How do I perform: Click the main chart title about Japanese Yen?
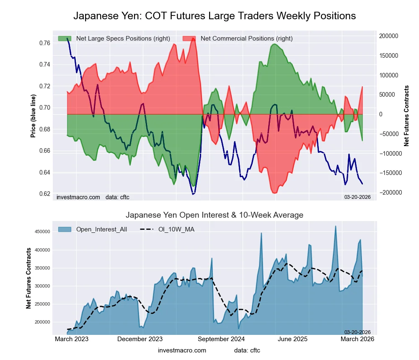tap(215, 16)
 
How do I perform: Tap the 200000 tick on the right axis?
tap(388, 36)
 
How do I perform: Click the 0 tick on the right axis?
tap(381, 114)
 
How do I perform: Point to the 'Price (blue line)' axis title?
tap(33, 116)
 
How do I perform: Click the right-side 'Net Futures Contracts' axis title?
tap(406, 116)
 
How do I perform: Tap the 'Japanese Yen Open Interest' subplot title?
tap(215, 215)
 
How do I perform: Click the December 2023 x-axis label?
tap(140, 339)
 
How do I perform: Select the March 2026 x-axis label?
tap(357, 339)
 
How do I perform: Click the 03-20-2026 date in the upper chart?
tap(357, 197)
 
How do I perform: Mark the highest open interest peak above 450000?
tap(336, 226)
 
